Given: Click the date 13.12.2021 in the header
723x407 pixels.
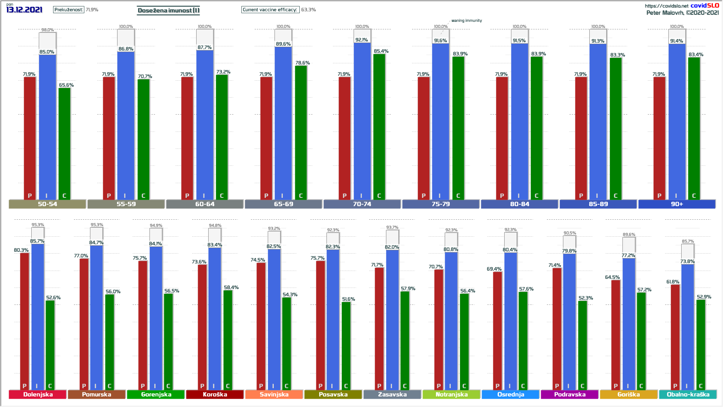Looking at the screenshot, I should (24, 10).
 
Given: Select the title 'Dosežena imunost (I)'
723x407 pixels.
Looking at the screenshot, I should (168, 10).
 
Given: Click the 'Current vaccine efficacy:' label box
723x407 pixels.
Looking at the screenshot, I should (270, 10).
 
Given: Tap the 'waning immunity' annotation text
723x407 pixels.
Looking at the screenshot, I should (467, 21).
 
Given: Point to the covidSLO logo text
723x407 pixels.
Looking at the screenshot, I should (705, 5).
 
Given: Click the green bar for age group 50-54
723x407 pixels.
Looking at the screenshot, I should (64, 143).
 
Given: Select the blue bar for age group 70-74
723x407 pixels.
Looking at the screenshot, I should (362, 121).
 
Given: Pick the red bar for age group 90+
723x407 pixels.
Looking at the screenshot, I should (659, 138).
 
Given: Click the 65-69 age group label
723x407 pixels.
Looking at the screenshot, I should (283, 204).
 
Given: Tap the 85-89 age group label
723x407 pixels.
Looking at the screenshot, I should (598, 204).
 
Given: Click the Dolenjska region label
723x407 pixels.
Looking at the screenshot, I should (38, 395).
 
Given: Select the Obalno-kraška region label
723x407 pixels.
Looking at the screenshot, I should (688, 395).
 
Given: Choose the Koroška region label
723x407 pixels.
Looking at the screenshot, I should (215, 395).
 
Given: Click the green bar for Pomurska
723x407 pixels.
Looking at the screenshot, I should (110, 341).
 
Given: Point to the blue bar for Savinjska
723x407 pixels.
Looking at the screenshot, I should (274, 318).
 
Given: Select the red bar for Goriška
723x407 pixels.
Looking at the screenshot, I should (616, 334).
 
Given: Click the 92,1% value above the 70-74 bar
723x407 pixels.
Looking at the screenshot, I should (361, 40).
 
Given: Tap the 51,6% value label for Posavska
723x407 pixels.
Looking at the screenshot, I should (348, 299).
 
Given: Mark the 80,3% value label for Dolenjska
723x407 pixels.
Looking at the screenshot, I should (21, 250).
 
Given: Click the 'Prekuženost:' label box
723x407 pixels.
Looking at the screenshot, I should (69, 10).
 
